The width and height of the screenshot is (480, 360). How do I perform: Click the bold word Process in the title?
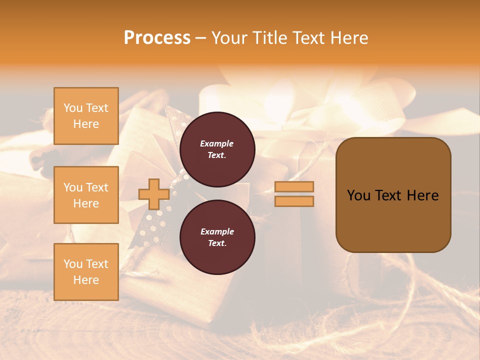click(x=157, y=38)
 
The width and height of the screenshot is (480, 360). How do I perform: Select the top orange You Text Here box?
click(x=86, y=116)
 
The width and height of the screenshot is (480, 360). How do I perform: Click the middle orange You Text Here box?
click(x=86, y=195)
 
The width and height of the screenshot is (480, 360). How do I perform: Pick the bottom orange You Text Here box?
click(x=86, y=271)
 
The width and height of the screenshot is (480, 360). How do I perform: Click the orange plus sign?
click(x=153, y=194)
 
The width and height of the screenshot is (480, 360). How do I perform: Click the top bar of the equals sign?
click(x=294, y=186)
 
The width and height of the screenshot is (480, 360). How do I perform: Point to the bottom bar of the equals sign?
click(x=294, y=201)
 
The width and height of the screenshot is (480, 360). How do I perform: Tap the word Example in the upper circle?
click(x=217, y=143)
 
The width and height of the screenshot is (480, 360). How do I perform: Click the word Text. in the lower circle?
click(x=217, y=243)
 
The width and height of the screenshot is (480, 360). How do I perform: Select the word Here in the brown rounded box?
click(x=422, y=195)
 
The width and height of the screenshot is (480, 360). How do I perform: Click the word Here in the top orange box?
click(x=86, y=124)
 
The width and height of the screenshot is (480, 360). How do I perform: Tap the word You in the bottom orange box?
click(x=72, y=264)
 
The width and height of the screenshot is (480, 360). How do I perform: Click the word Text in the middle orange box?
click(x=97, y=187)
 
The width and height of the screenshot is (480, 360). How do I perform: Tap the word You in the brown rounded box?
click(x=358, y=195)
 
